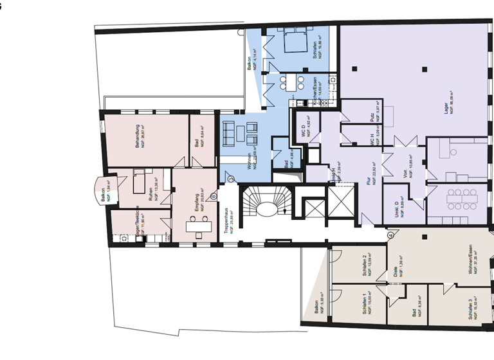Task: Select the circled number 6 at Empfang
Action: coord(213,188)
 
